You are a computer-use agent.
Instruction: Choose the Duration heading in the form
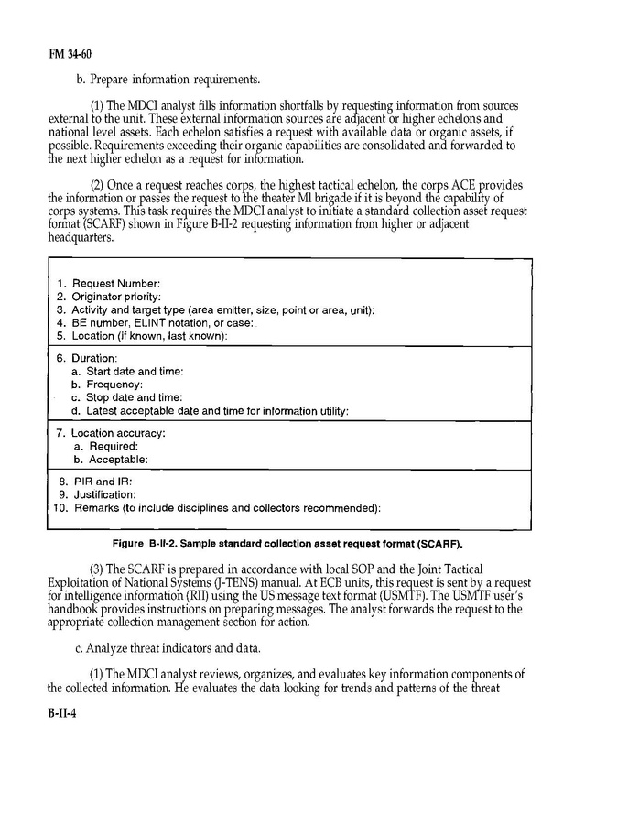pyautogui.click(x=94, y=358)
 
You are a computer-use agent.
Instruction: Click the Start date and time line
pyautogui.click(x=134, y=371)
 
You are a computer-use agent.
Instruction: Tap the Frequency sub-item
pyautogui.click(x=114, y=385)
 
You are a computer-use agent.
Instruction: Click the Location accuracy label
pyautogui.click(x=118, y=433)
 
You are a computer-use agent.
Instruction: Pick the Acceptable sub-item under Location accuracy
pyautogui.click(x=116, y=459)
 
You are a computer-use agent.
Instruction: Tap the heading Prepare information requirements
pyautogui.click(x=168, y=79)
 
